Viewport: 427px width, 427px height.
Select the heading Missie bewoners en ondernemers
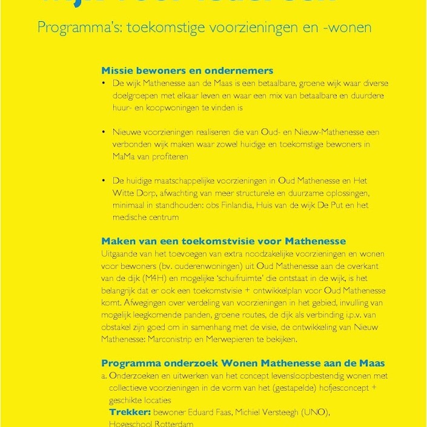tap(187, 70)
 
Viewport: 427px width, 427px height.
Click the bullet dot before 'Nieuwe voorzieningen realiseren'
tap(104, 132)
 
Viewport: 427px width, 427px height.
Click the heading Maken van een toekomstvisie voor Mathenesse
tap(223, 240)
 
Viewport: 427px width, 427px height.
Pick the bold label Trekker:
tap(130, 412)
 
